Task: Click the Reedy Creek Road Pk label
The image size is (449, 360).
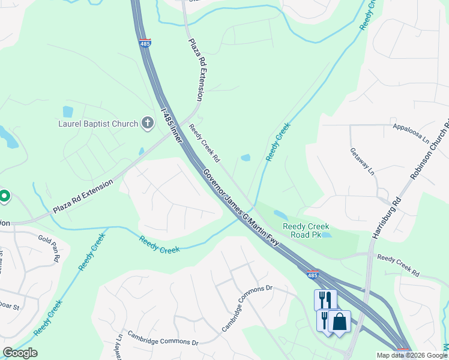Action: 306,230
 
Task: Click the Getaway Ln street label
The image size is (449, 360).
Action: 362,162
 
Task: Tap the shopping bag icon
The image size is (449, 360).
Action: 339,321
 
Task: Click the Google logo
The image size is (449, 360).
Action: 20,353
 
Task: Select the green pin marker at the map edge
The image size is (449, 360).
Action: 4,196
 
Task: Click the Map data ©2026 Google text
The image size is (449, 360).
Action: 411,355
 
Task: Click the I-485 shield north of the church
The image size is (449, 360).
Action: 145,43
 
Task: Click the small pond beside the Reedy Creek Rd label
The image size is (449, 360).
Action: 246,158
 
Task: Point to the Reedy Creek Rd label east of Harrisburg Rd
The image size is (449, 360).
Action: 398,265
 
